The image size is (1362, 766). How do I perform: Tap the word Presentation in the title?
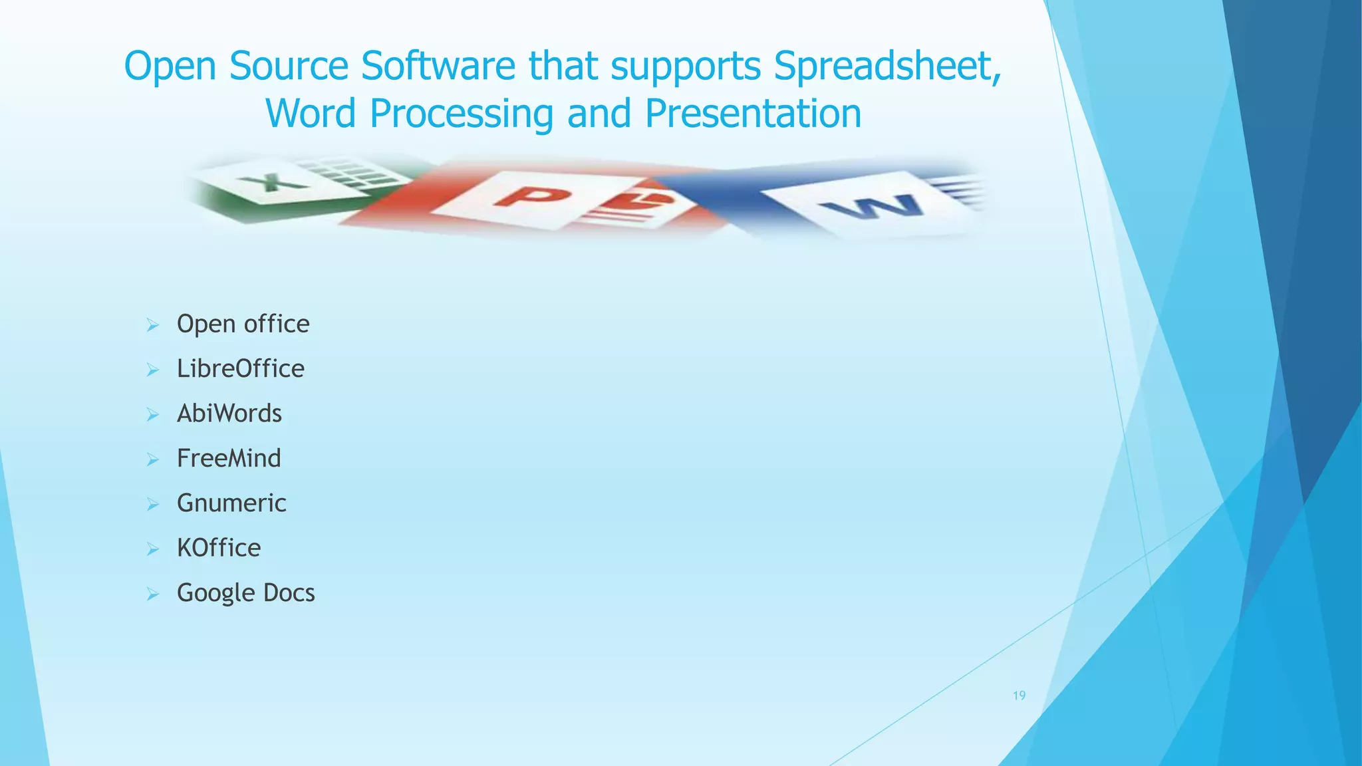(x=753, y=114)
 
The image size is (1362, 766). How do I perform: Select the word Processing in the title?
(x=461, y=114)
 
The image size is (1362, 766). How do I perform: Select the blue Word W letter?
(x=873, y=207)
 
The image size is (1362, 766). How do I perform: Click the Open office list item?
(x=243, y=324)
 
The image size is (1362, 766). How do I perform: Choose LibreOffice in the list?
(x=240, y=368)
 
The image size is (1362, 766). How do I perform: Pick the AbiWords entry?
(x=229, y=414)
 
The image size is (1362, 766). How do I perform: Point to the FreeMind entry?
(x=229, y=458)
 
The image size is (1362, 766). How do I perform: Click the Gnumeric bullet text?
(x=231, y=503)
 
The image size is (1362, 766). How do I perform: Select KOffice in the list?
(x=219, y=548)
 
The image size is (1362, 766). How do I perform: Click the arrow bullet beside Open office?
(x=153, y=325)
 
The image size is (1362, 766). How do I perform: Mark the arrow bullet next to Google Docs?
(x=153, y=594)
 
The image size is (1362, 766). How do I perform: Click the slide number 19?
(x=1019, y=696)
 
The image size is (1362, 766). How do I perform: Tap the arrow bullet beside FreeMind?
(x=153, y=459)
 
